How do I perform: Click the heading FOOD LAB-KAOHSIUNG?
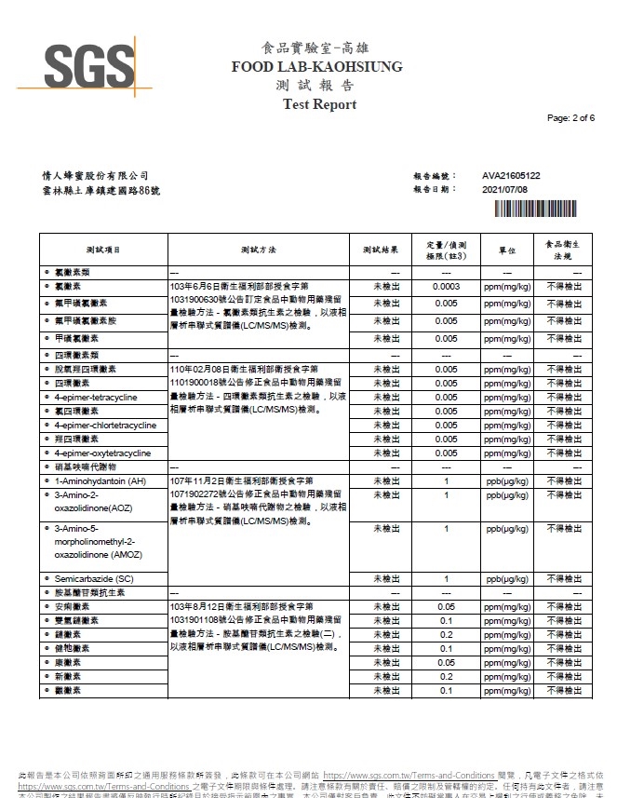coord(317,67)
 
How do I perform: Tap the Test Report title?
coord(319,104)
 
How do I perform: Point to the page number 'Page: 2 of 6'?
coord(570,118)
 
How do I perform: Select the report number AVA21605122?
coord(511,175)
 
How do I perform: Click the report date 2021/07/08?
coord(505,189)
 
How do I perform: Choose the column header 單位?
coord(506,250)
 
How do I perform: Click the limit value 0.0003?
coord(447,286)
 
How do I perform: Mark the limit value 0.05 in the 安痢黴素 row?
coord(447,606)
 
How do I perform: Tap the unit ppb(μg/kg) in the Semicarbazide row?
coord(506,578)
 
